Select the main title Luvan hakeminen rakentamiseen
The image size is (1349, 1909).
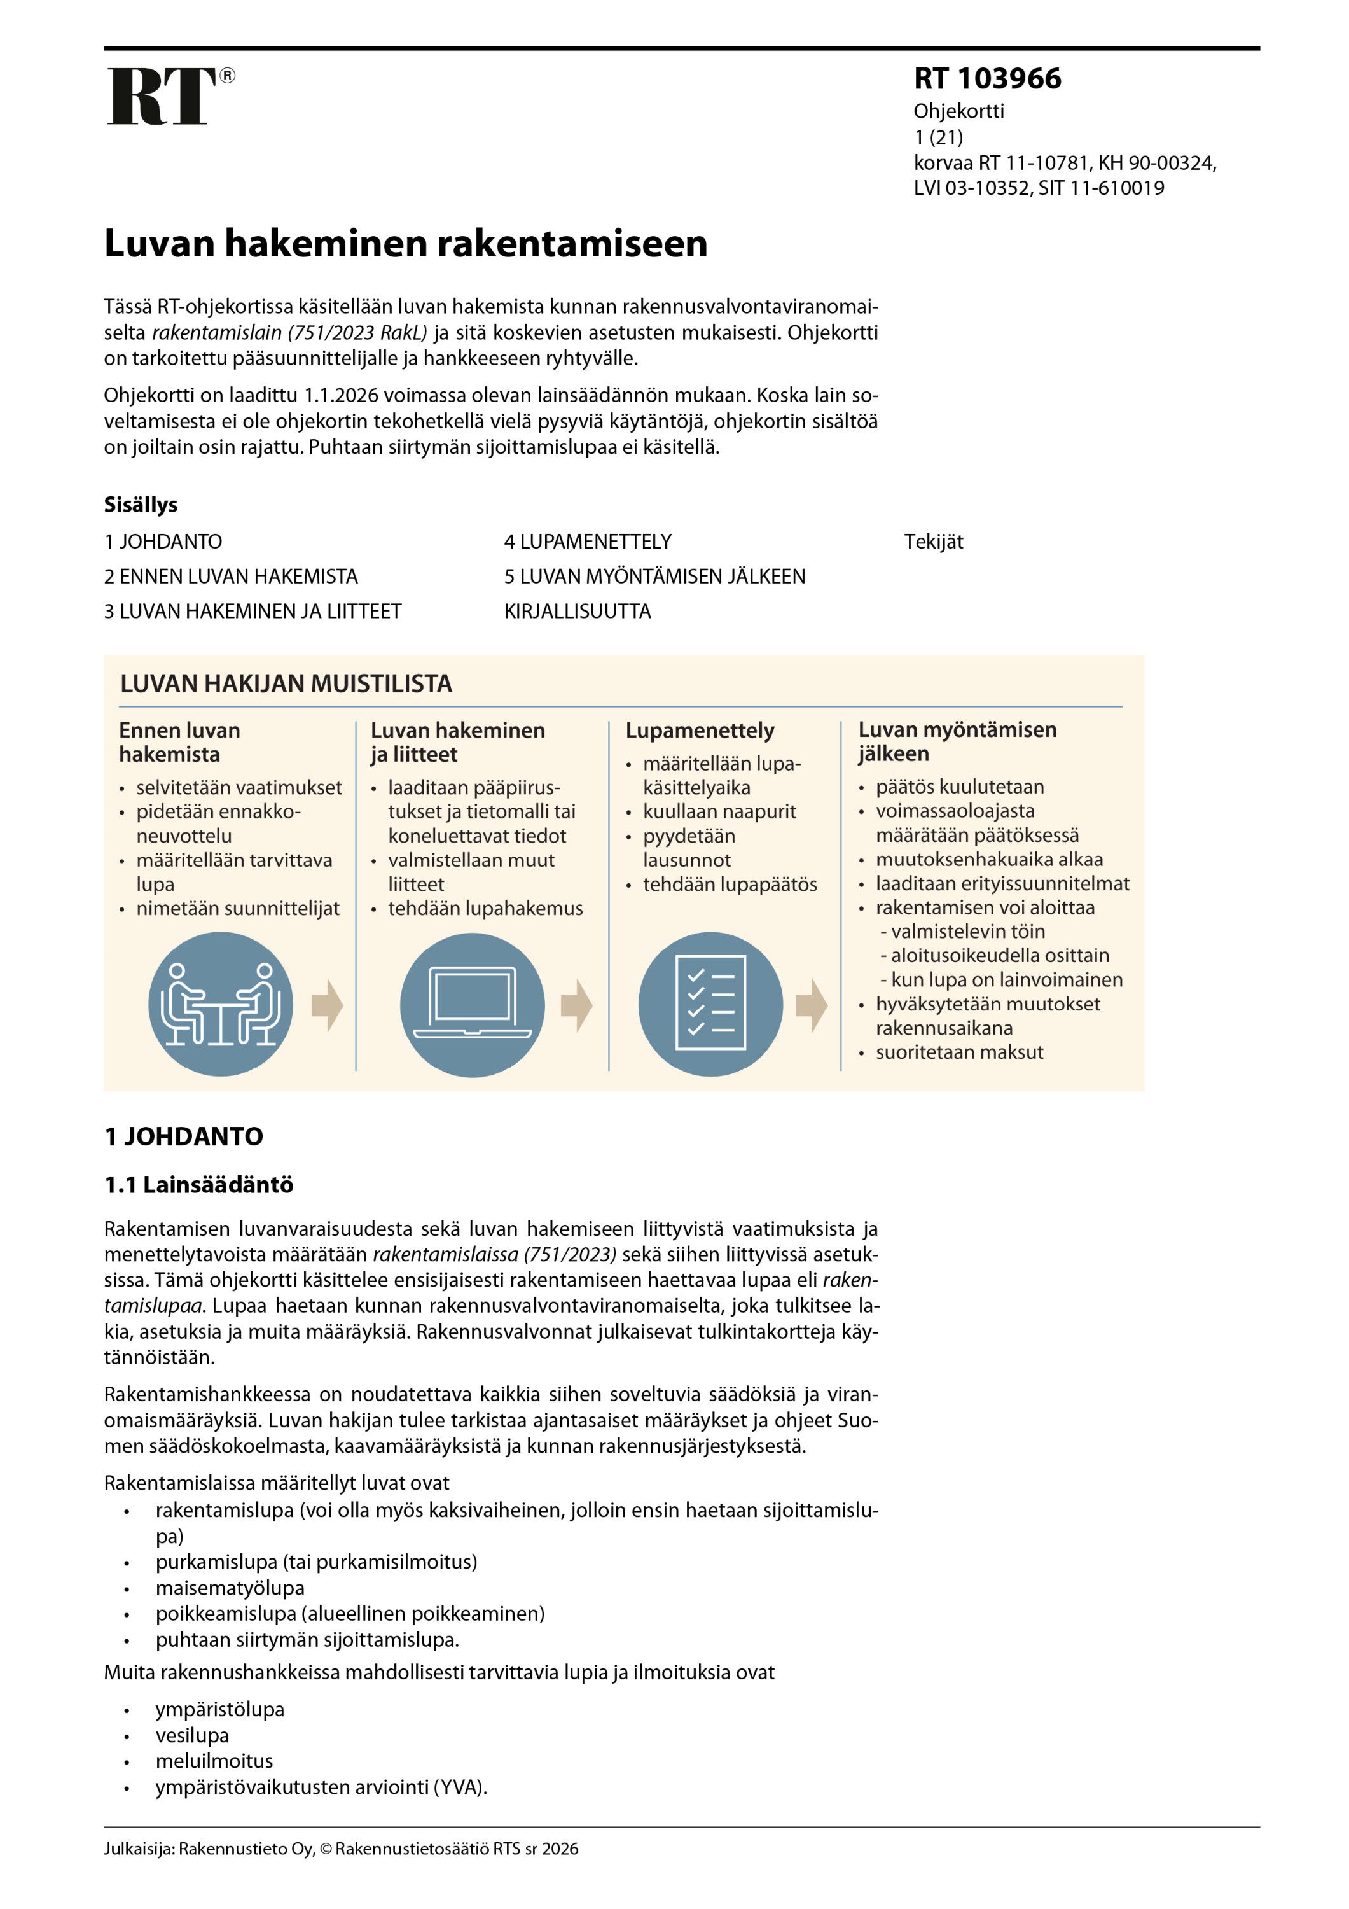(406, 244)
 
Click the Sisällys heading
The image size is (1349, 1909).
(141, 505)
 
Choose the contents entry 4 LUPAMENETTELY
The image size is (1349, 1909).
(588, 542)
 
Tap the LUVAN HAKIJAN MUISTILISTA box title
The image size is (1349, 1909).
(286, 683)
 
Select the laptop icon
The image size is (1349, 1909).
(471, 1004)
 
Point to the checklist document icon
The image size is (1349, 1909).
(710, 1004)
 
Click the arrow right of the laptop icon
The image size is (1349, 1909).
(576, 1005)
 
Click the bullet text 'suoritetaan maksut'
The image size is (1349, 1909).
(959, 1052)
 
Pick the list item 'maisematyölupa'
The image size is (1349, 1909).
(230, 1588)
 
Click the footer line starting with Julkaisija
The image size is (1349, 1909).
(341, 1849)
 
